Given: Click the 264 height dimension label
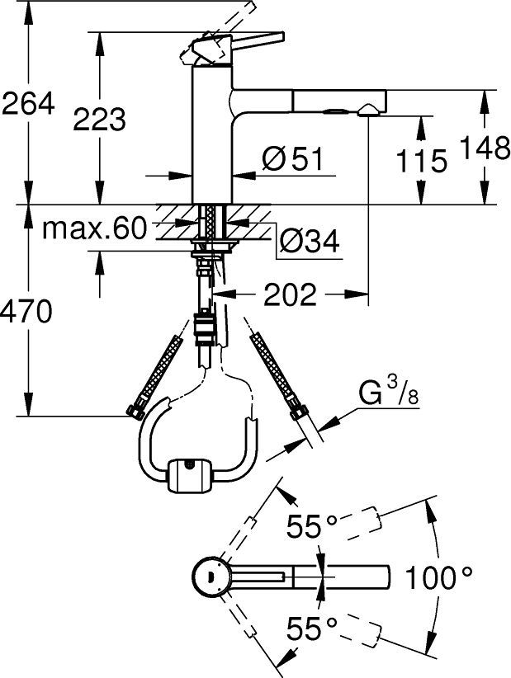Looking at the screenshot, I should [x=28, y=103].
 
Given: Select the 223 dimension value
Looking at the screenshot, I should [x=100, y=120].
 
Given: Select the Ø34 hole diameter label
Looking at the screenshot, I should [x=309, y=240].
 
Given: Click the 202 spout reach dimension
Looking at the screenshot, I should [x=291, y=294].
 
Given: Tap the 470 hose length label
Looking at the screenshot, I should [x=28, y=312].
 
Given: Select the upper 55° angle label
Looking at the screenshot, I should [x=312, y=525].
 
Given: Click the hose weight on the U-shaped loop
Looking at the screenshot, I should [x=193, y=476].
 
